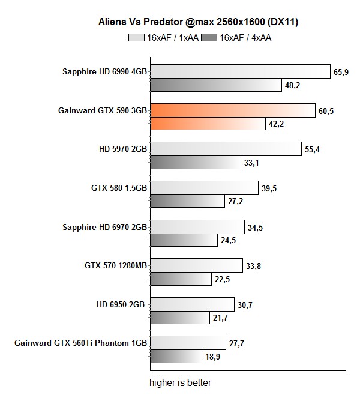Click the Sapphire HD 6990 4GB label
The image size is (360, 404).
104,72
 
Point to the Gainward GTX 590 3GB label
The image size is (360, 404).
103,110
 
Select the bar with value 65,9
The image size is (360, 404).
240,72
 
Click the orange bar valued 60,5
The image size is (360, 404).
232,110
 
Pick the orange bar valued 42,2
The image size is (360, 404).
207,124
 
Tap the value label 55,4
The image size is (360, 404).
313,149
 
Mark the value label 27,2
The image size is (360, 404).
235,202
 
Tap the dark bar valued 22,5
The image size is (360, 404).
181,279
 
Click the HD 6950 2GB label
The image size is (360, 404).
121,304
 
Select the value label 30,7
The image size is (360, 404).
245,305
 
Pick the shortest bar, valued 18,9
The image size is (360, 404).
175,357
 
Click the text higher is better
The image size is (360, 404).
180,382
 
